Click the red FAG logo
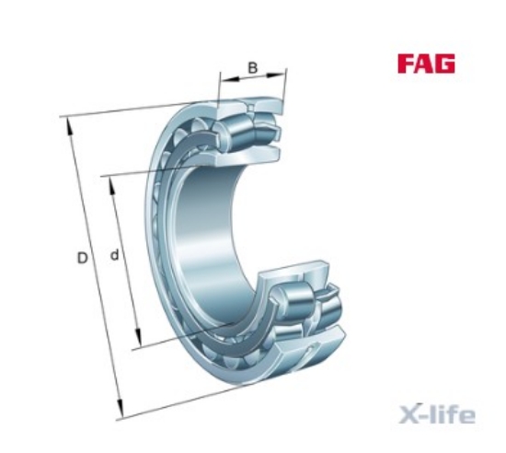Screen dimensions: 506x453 [x=426, y=64]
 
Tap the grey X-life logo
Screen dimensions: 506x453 [x=437, y=413]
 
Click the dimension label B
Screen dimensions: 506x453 [x=253, y=68]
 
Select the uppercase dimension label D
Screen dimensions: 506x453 [x=82, y=258]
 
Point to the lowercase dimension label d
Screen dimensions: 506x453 [x=115, y=254]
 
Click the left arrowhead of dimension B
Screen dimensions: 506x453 [x=229, y=79]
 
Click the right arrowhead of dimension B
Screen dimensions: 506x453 [x=276, y=75]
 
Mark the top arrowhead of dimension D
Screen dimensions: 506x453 [x=69, y=127]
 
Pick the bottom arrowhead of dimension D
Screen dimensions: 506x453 [x=120, y=408]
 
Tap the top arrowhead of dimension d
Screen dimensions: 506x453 [x=111, y=186]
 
